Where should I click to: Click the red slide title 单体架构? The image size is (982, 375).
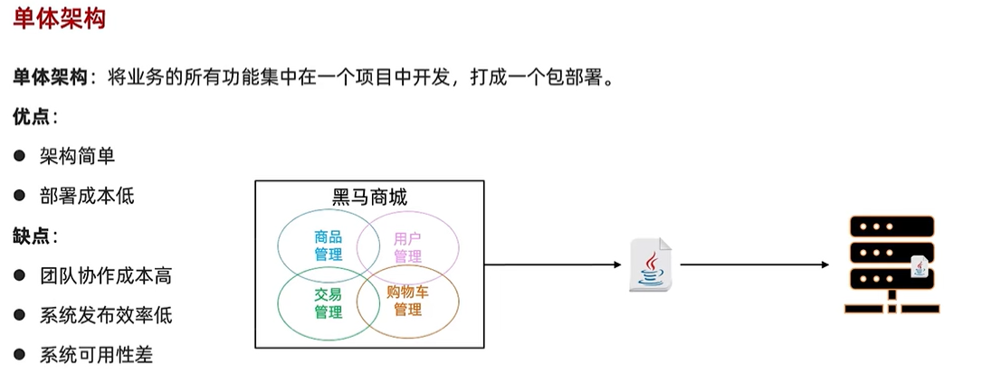[x=59, y=18]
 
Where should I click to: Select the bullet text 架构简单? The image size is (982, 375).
[x=77, y=157]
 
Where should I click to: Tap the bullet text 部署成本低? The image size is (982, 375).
[x=87, y=196]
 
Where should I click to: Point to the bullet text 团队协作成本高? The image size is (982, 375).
[x=106, y=276]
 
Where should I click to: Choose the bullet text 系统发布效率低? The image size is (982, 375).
[x=106, y=316]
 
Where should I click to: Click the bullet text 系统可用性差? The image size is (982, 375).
[x=96, y=355]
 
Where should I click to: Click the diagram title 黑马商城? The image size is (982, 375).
[x=369, y=197]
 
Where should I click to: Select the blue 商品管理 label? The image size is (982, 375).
[x=329, y=245]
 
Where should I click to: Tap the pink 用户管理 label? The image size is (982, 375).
[x=407, y=247]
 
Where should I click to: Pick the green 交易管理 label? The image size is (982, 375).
[x=329, y=303]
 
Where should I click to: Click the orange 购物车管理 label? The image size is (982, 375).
[x=407, y=301]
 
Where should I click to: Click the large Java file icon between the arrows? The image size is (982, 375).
[x=651, y=264]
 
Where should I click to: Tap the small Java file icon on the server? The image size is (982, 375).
[x=920, y=266]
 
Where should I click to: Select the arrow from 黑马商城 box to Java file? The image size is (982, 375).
[x=556, y=264]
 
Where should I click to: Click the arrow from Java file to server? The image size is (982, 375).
[x=754, y=264]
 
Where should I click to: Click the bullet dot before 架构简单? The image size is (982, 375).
[x=19, y=157]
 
